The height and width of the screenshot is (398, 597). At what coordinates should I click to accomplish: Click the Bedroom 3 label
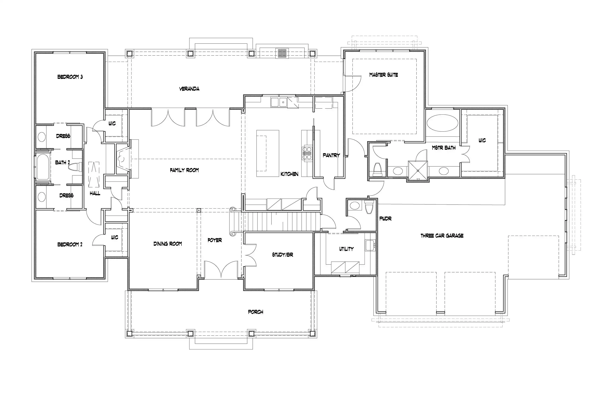(70, 77)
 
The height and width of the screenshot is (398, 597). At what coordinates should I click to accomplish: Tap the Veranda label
(189, 89)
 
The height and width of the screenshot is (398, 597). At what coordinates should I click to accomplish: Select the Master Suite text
(383, 75)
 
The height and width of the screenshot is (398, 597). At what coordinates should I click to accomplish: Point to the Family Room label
(184, 170)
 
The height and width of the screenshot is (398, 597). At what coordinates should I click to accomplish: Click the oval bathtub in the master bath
(442, 123)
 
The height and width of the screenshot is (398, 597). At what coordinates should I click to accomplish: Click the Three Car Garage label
(442, 236)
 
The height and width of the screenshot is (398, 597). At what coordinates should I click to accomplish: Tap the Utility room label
(346, 249)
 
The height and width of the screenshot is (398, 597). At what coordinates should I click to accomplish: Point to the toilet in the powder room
(369, 207)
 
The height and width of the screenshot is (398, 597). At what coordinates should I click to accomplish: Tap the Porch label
(255, 312)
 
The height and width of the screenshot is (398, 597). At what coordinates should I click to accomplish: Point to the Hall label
(95, 194)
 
